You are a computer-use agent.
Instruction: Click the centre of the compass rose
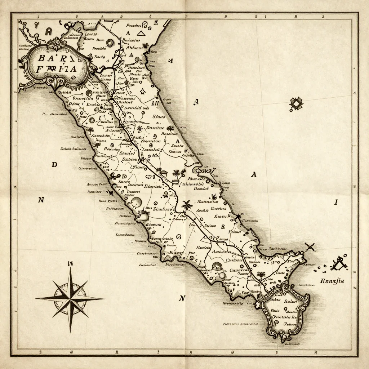[x=70, y=298]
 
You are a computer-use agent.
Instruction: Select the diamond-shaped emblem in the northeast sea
[x=296, y=104]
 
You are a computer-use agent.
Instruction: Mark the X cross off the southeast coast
[x=310, y=247]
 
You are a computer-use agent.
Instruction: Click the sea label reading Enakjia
[x=332, y=281]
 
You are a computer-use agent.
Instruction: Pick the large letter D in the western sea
[x=54, y=165]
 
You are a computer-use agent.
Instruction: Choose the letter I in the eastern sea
[x=336, y=202]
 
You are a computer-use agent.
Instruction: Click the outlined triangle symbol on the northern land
[x=140, y=34]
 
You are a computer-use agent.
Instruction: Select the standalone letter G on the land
[x=178, y=237]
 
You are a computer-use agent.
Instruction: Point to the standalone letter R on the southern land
[x=222, y=227]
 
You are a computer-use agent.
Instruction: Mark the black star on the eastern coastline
[x=238, y=217]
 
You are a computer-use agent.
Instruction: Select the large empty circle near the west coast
[x=136, y=202]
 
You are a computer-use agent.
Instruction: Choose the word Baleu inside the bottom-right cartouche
[x=290, y=301]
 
